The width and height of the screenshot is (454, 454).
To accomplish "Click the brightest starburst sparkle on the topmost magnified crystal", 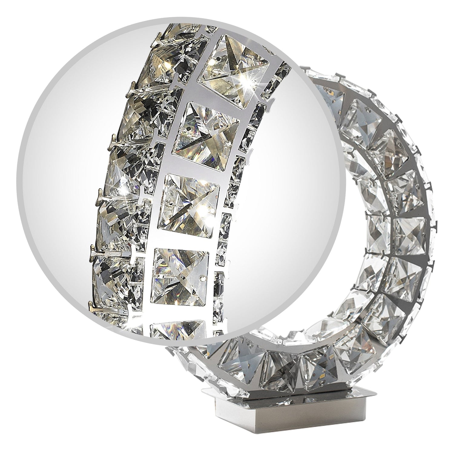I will (252, 81).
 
